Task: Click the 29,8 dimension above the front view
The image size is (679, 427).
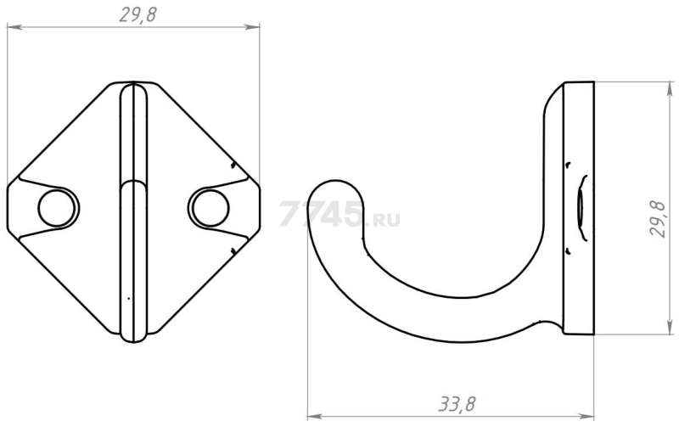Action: click(137, 14)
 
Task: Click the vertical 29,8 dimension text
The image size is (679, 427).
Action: click(658, 218)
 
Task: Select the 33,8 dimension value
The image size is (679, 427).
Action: click(457, 403)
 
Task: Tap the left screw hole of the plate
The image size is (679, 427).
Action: click(58, 207)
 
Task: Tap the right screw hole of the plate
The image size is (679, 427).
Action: click(210, 207)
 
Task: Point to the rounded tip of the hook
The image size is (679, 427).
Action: click(334, 187)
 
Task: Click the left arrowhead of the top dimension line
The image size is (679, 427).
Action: click(14, 27)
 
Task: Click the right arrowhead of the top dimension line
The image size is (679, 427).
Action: click(253, 27)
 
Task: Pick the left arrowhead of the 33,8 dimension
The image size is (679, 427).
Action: click(314, 417)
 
